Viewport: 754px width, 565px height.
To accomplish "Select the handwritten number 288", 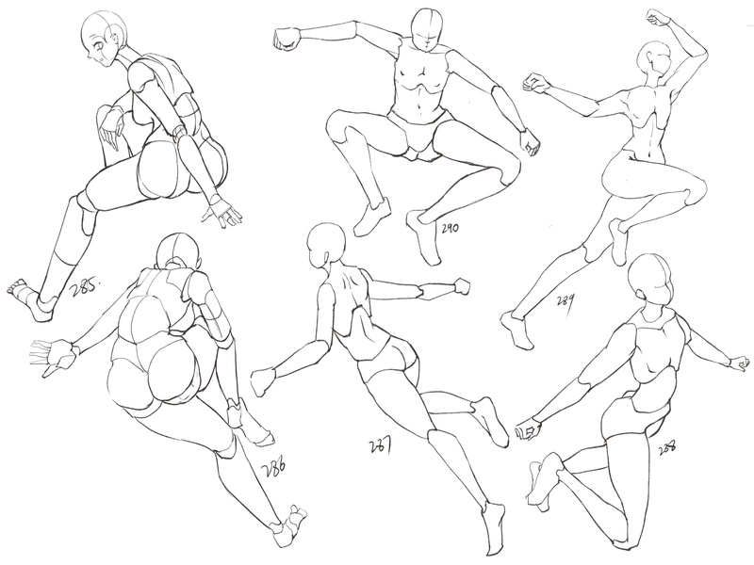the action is tap(668, 448).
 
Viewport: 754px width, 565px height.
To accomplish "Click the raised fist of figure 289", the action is tap(657, 20).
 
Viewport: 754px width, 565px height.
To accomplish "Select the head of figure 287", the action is tap(326, 246).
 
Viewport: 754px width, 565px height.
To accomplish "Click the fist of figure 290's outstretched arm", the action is tap(287, 39).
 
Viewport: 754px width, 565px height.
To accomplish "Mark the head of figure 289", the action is tap(655, 59).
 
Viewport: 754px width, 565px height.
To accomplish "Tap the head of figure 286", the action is tap(178, 253).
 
